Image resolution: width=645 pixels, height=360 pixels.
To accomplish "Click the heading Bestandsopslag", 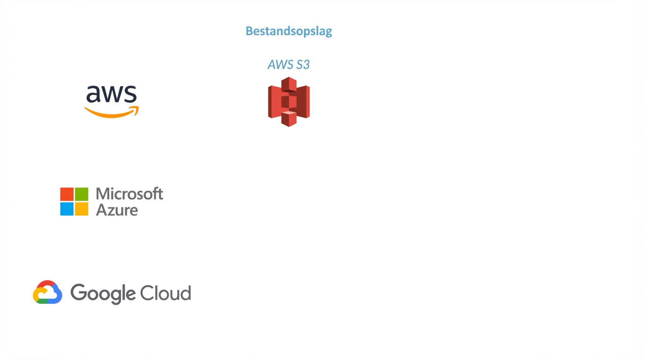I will pos(289,31).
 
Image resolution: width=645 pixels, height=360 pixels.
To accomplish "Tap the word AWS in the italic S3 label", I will pos(279,65).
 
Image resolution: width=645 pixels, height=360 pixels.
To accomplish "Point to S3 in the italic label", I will pos(303,65).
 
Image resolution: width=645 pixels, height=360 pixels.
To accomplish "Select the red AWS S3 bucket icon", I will pos(289,102).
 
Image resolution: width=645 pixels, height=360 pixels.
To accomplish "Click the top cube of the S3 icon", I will pos(289,84).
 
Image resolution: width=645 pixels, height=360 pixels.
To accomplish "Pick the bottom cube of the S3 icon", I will pos(289,119).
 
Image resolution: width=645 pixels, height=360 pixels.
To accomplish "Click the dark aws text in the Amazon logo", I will pos(112,94).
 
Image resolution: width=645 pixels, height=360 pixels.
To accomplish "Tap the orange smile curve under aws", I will pos(109,114).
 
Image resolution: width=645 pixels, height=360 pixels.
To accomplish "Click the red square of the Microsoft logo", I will pos(67,194).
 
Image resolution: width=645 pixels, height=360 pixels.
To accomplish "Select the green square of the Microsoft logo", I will pos(82,194).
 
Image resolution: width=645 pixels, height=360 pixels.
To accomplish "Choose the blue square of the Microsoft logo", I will pos(67,209).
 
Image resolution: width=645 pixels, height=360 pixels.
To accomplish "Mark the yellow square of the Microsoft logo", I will pos(82,209).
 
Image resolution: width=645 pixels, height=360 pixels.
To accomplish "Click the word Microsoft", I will pos(129,194).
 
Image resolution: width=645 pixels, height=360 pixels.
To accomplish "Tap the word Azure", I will pos(117,210).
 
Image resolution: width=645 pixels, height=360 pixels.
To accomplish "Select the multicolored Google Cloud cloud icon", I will pos(47,292).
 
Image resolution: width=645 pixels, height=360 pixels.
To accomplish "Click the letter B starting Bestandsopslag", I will pos(249,31).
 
